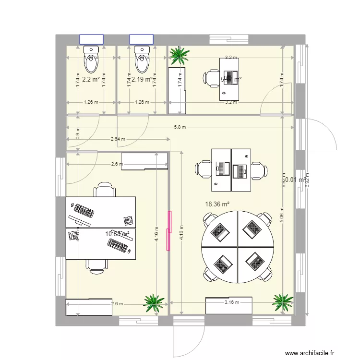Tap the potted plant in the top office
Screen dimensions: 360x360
[x=179, y=55]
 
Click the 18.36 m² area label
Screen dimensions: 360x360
[x=217, y=204]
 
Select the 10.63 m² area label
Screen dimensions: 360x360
[x=118, y=234]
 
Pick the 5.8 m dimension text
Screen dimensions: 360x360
[x=180, y=127]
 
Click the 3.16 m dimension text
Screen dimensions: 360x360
[x=232, y=302]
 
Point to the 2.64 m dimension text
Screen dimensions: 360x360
[x=118, y=140]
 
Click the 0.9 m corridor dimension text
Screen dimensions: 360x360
[x=78, y=135]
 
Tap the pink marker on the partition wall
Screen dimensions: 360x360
[x=168, y=230]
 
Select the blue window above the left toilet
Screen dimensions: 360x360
[x=91, y=39]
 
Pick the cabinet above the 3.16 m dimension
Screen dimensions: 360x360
[x=228, y=306]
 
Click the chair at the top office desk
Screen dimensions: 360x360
[x=211, y=79]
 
